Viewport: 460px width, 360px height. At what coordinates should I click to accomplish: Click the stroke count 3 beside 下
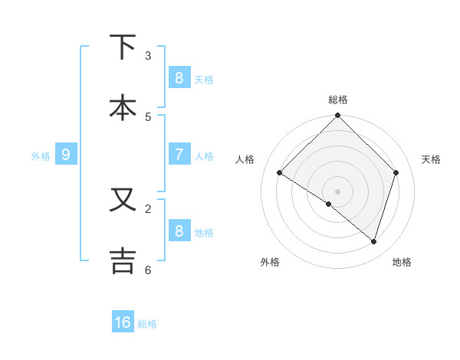coord(148,56)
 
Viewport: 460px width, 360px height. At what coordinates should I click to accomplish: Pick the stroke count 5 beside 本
coord(148,116)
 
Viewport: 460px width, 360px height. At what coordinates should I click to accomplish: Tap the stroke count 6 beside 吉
coord(148,270)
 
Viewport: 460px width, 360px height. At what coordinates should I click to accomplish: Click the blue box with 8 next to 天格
coord(179,77)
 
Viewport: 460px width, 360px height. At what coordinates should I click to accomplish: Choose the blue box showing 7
coord(179,154)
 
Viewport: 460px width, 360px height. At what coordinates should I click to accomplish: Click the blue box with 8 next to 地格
coord(179,231)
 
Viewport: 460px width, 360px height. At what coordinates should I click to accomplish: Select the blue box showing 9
coord(66,155)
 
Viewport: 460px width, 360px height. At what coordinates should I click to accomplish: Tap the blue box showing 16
coord(123,322)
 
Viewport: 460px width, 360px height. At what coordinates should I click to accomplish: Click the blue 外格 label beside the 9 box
coord(41,155)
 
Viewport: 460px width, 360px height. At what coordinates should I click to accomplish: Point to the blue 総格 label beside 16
coord(147,323)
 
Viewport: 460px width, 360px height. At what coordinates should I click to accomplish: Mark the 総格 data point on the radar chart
coord(337,116)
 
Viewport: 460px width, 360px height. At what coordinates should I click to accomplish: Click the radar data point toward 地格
coord(373,241)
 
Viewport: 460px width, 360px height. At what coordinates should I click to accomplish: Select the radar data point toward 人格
coord(280,172)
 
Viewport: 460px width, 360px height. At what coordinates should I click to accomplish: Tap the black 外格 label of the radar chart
coord(270,262)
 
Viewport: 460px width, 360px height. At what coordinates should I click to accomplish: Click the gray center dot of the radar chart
coord(337,191)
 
